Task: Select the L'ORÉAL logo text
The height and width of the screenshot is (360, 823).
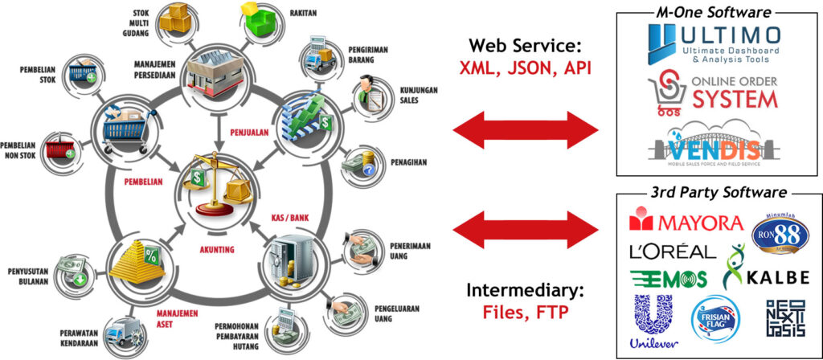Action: click(x=673, y=251)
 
